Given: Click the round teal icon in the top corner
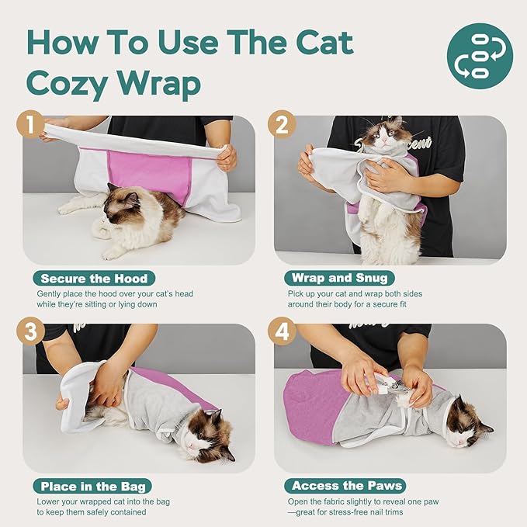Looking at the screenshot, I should (480, 56).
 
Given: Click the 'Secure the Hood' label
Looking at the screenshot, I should (93, 278).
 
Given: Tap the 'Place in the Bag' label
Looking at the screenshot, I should (92, 486).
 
